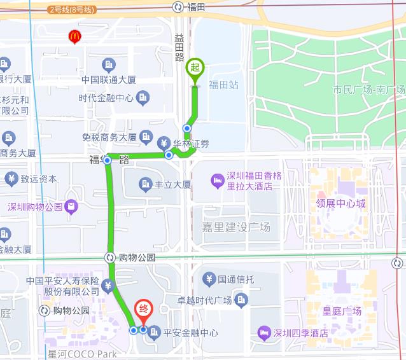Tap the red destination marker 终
click(144, 312)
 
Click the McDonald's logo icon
click(75, 37)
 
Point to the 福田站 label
click(223, 85)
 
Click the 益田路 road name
click(179, 48)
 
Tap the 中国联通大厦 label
click(109, 80)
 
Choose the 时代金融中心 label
click(106, 98)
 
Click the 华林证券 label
click(191, 143)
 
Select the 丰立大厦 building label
click(173, 185)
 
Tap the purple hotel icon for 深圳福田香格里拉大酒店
click(218, 181)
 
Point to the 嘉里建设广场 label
click(235, 227)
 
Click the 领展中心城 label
click(341, 204)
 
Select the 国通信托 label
click(236, 279)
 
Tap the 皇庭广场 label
click(342, 311)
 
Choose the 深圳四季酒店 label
click(300, 333)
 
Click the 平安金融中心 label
click(191, 332)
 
